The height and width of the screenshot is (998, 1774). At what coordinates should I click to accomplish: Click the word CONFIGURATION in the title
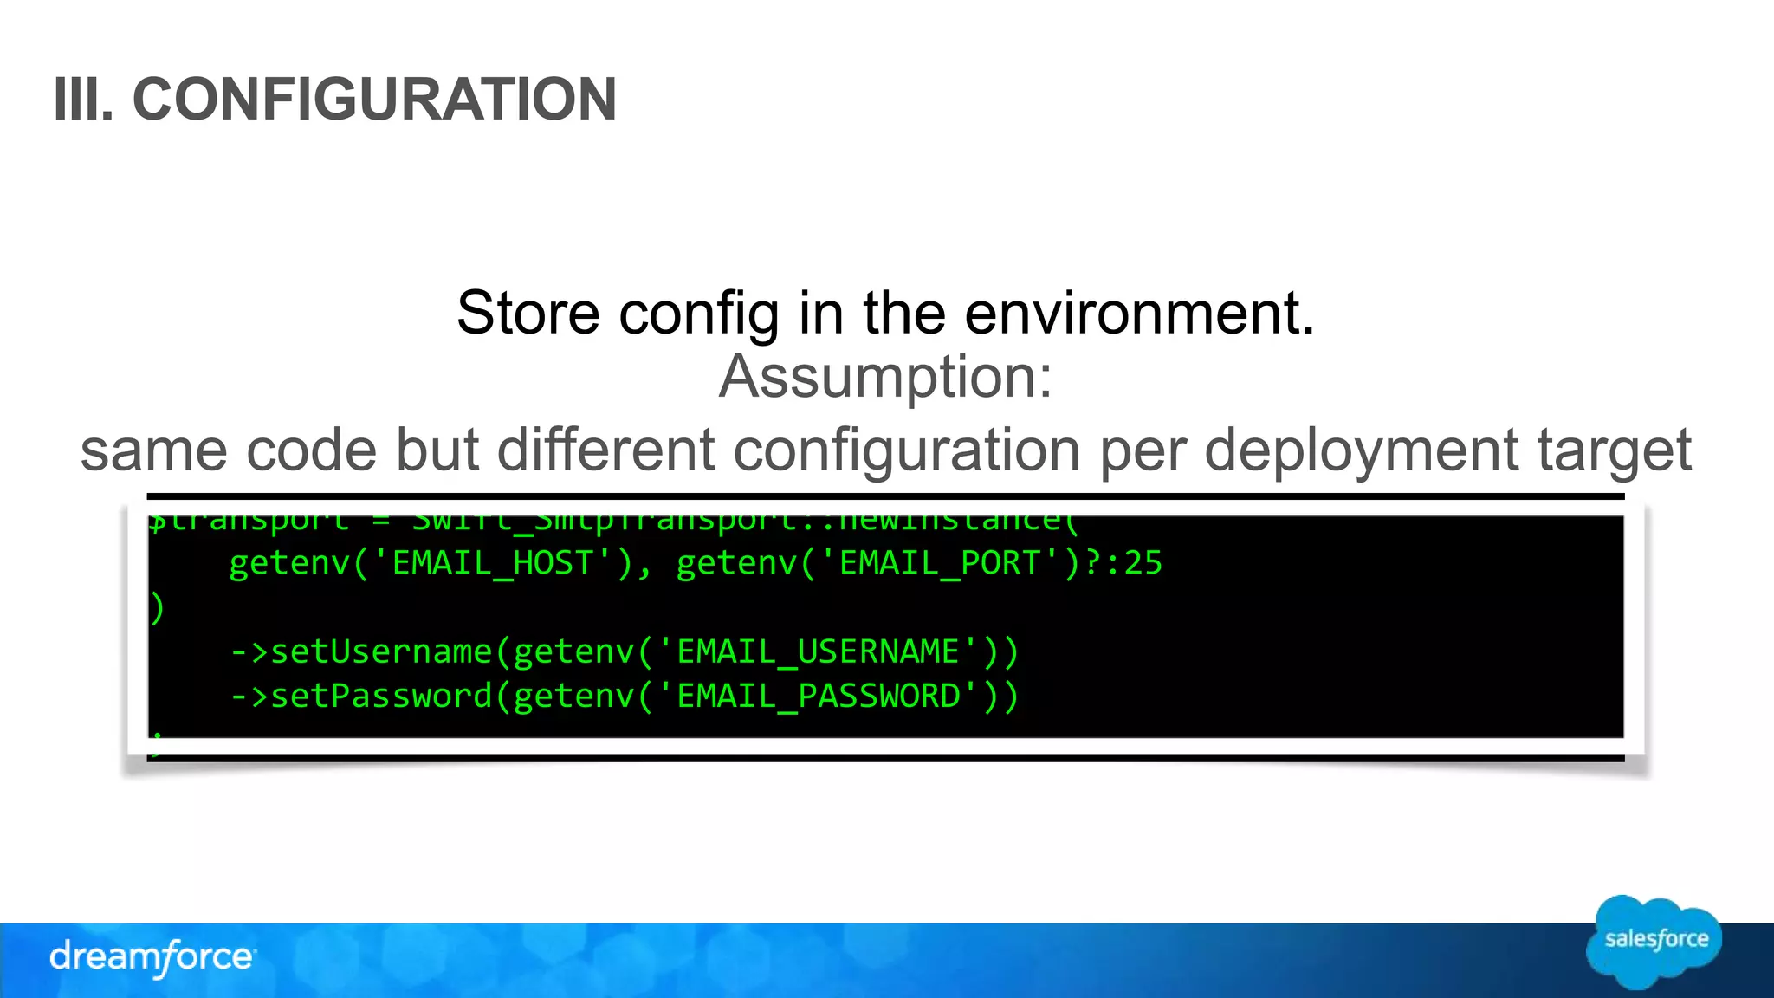point(374,100)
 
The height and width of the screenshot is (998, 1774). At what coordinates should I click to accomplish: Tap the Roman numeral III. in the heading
point(83,100)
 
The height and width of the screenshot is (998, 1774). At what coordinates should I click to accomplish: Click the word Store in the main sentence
point(528,313)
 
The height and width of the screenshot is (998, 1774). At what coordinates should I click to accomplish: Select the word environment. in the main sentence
point(1140,313)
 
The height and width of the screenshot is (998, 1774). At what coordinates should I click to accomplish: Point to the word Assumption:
point(886,377)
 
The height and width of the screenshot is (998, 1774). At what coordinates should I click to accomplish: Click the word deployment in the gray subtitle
point(1360,450)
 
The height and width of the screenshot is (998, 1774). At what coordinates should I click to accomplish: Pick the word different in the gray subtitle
point(605,450)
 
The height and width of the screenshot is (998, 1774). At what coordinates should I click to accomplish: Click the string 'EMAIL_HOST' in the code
point(493,564)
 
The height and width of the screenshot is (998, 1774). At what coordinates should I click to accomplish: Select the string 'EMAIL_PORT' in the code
point(940,564)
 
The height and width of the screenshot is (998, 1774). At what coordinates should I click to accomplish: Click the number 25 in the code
point(1143,564)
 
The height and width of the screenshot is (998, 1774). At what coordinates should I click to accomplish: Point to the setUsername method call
point(381,652)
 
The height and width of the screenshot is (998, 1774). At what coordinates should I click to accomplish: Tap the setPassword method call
point(381,697)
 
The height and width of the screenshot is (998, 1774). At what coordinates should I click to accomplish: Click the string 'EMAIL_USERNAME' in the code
point(818,652)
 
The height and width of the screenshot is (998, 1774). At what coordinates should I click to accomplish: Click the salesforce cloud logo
point(1654,942)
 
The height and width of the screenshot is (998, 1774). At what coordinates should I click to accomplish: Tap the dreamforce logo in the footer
point(152,957)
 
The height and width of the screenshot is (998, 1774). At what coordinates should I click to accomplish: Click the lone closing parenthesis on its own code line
point(157,608)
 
